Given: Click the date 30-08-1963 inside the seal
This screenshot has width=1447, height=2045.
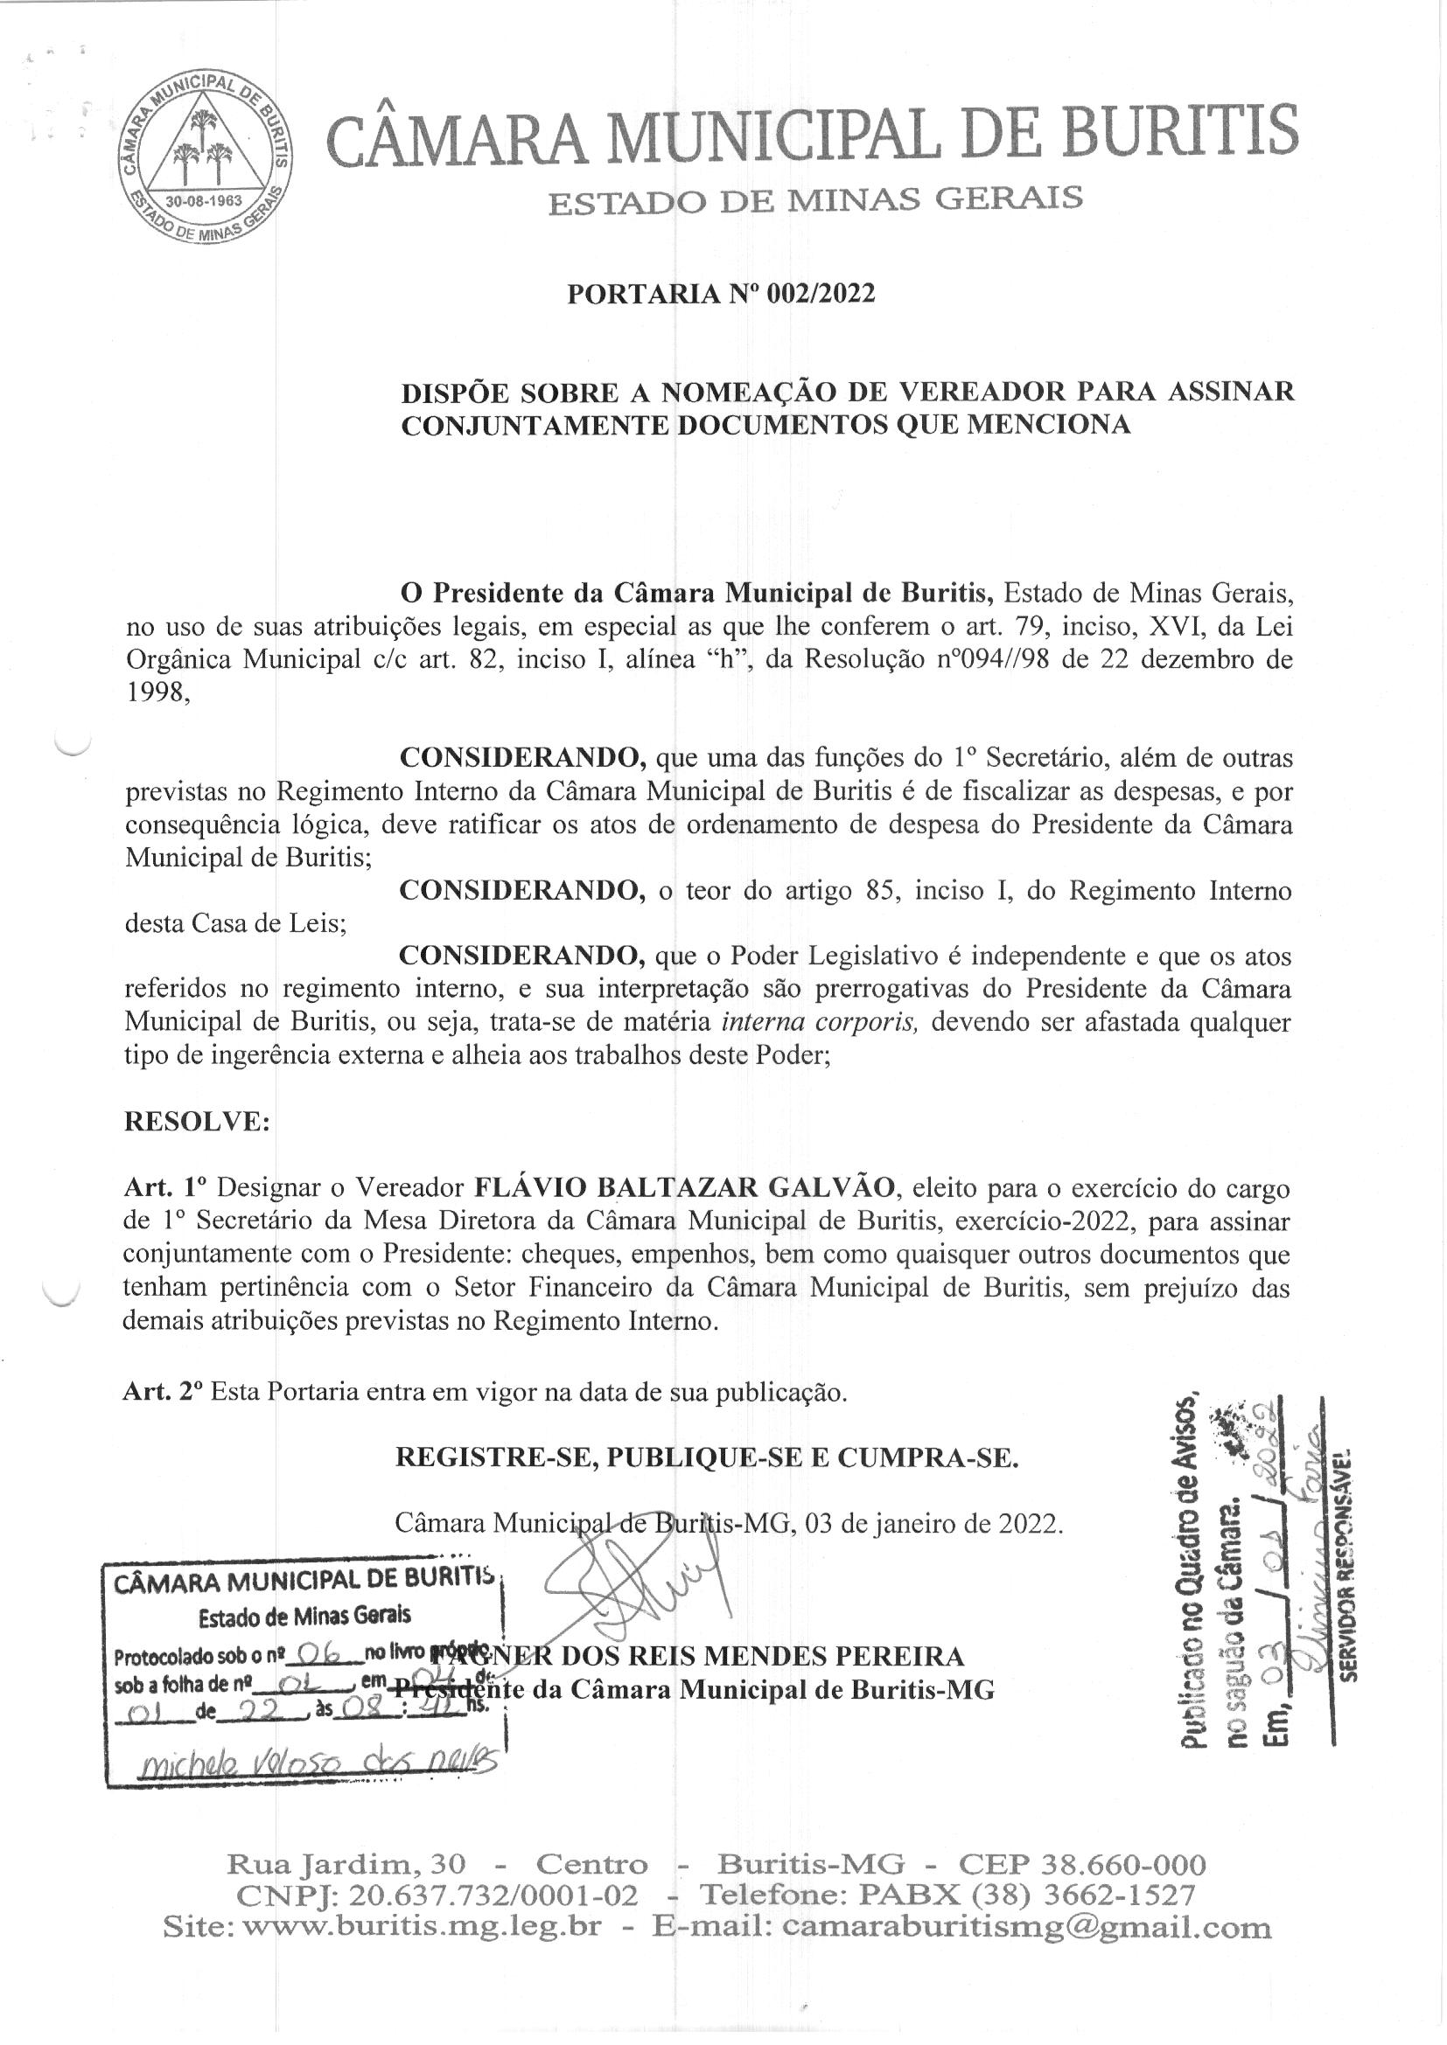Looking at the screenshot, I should click(x=205, y=200).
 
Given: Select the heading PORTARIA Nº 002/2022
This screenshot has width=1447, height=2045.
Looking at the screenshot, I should click(x=721, y=294).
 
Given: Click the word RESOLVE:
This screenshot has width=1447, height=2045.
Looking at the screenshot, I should click(x=196, y=1122).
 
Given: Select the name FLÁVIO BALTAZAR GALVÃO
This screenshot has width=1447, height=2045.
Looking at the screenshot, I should click(x=683, y=1187).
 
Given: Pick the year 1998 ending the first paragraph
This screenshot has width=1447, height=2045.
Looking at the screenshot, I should click(x=156, y=694).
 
